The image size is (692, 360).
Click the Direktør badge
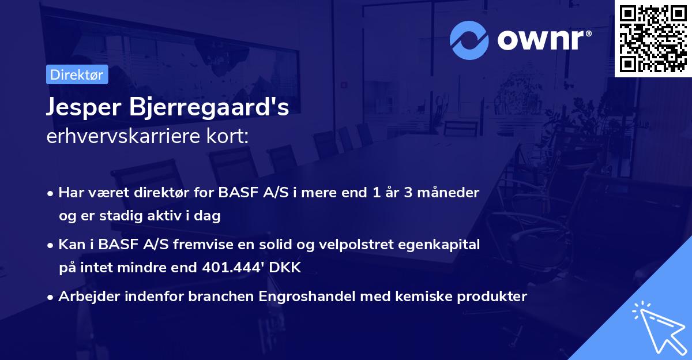pyautogui.click(x=77, y=74)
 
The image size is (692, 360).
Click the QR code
pyautogui.click(x=653, y=38)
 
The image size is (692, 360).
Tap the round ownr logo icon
pyautogui.click(x=469, y=40)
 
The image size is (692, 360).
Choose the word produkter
pyautogui.click(x=494, y=297)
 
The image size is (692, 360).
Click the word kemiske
pyautogui.click(x=428, y=297)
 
